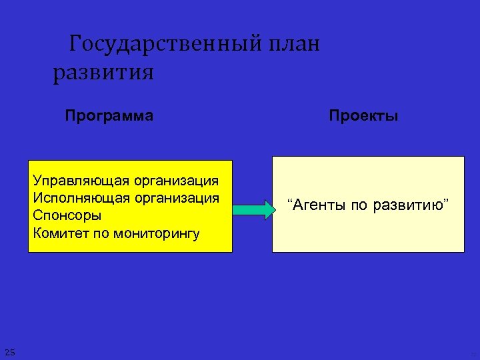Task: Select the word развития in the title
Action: click(103, 72)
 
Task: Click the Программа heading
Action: click(109, 115)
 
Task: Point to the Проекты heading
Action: click(363, 115)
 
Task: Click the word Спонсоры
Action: click(67, 216)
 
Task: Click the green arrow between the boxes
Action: click(253, 210)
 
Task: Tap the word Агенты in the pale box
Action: click(317, 205)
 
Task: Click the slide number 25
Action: click(9, 352)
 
